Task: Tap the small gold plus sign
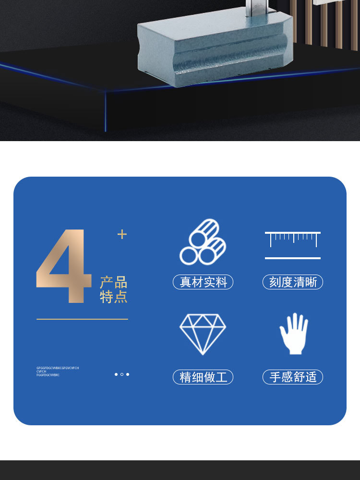[122, 234]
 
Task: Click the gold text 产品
[114, 282]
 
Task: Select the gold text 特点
[114, 297]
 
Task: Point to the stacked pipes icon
[203, 242]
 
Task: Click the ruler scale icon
[292, 239]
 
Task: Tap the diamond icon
[203, 334]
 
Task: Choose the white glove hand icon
[294, 334]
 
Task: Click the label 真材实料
[203, 282]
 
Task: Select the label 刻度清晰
[293, 282]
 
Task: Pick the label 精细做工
[203, 377]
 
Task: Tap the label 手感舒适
[293, 377]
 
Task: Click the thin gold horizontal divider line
[82, 319]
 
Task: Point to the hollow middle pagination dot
[122, 374]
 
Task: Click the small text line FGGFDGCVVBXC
[48, 375]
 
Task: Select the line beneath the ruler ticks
[292, 258]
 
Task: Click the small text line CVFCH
[41, 372]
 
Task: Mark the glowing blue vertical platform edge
[106, 111]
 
